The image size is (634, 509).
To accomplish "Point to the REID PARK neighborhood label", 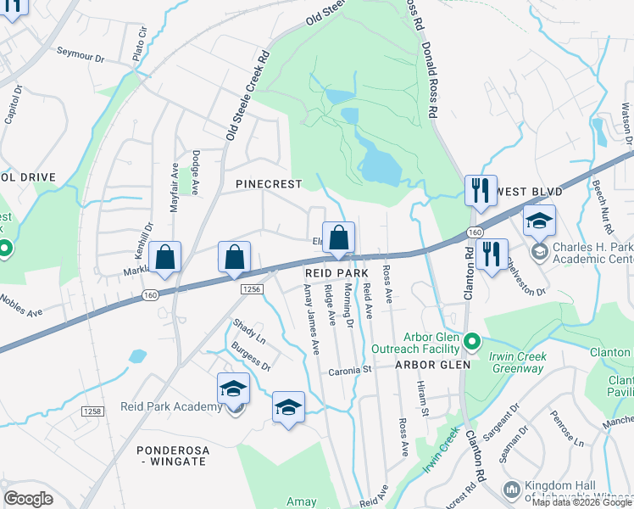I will coord(336,272).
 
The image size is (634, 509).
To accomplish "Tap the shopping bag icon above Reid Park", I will coord(338,239).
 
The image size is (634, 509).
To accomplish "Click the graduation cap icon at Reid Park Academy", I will coord(233,389).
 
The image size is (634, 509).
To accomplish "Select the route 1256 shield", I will coord(253,289).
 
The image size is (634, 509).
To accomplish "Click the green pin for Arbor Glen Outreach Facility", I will coord(473,343).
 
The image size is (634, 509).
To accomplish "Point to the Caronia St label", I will coord(351,370).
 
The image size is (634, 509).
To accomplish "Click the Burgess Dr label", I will coord(249,359).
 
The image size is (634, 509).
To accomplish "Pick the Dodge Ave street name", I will coord(195,174).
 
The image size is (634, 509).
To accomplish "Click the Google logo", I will coord(28,498).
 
